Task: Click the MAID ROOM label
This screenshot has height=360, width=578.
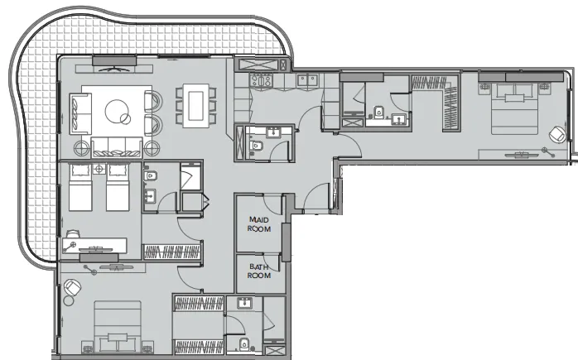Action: tap(258, 223)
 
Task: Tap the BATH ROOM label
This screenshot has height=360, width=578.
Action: tap(258, 271)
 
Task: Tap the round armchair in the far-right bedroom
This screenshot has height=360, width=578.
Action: tap(557, 132)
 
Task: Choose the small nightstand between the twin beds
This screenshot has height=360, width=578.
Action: tap(99, 169)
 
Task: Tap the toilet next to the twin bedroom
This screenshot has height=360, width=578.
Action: tap(152, 176)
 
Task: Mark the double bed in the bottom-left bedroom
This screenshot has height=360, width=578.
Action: tap(113, 327)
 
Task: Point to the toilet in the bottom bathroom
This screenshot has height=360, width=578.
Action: tap(240, 344)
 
